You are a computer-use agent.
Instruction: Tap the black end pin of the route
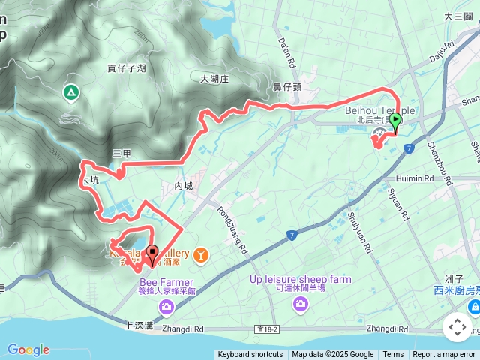coord(152,254)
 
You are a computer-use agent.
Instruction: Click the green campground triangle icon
coord(70,92)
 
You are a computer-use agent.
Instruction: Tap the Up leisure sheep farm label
coord(300,280)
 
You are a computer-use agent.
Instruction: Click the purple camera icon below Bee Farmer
coord(166,305)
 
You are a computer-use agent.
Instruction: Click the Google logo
coord(28,349)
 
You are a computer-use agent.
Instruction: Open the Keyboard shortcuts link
coord(250,355)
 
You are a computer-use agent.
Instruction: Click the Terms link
coord(393,355)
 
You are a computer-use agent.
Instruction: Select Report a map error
coord(445,355)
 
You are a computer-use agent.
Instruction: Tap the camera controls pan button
coord(457,327)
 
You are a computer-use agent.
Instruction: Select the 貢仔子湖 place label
coord(126,68)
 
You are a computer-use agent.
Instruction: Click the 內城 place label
coord(184,186)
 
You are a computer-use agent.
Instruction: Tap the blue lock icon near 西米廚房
coord(475,307)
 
